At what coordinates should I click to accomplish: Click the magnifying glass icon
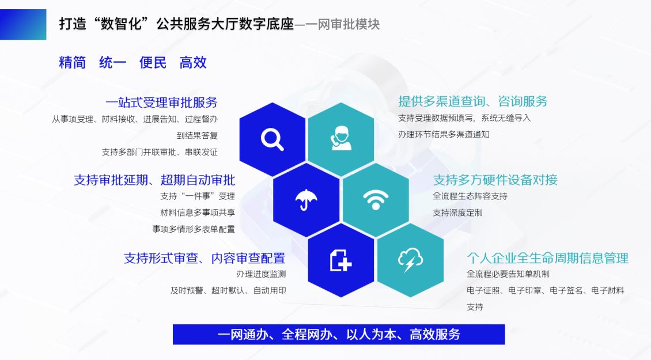[x=272, y=139]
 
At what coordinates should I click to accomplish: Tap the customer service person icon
[x=341, y=138]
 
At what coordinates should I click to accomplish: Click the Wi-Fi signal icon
[x=376, y=200]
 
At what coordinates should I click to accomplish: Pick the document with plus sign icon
[x=341, y=260]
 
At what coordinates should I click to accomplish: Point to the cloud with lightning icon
[x=410, y=260]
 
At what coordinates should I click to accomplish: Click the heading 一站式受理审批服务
[x=161, y=102]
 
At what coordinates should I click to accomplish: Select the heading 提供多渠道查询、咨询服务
[x=473, y=101]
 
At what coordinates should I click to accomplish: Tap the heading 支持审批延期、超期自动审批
[x=154, y=180]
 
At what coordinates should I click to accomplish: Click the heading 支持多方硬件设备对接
[x=495, y=180]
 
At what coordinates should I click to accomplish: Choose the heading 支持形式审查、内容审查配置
[x=205, y=258]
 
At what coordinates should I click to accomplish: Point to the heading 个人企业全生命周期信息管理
[x=548, y=258]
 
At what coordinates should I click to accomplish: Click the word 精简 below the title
[x=72, y=63]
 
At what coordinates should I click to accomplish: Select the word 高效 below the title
[x=193, y=63]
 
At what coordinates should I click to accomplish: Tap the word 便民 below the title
[x=153, y=63]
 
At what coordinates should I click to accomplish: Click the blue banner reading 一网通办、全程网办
[x=339, y=334]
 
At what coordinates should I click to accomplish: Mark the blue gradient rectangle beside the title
[x=23, y=25]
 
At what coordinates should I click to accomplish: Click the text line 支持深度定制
[x=457, y=213]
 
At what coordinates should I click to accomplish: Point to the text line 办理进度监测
[x=261, y=274]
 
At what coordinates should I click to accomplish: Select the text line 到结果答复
[x=197, y=135]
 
